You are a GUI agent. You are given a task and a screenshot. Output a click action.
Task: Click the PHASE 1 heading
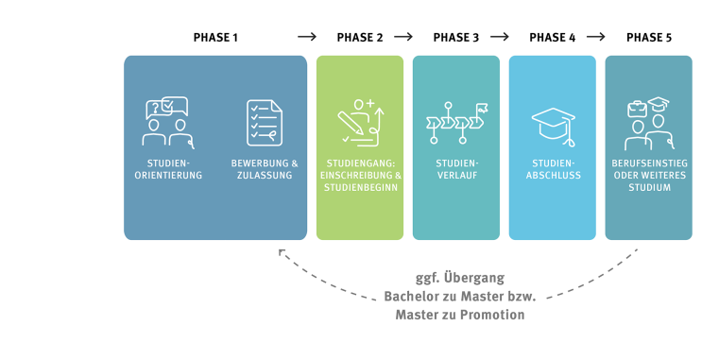[x=215, y=38]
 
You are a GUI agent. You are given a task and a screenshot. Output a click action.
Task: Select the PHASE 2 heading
[x=360, y=38]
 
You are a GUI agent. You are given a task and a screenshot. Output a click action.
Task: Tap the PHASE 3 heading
[x=456, y=38]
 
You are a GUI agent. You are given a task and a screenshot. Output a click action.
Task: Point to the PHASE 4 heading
[x=553, y=38]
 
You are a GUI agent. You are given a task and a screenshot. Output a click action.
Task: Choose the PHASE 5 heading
[x=649, y=38]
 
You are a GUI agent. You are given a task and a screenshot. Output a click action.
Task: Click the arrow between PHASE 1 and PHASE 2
[x=307, y=38]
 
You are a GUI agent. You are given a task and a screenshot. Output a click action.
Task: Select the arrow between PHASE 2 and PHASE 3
[x=403, y=38]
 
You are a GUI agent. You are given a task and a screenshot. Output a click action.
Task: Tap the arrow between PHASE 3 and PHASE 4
[x=500, y=38]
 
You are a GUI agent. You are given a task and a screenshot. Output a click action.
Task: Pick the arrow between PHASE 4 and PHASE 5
[x=596, y=38]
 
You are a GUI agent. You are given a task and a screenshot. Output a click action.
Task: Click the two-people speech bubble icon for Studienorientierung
[x=168, y=122]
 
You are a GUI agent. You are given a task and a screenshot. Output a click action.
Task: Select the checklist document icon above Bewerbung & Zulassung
[x=265, y=123]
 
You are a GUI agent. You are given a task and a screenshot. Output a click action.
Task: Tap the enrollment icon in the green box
[x=360, y=122]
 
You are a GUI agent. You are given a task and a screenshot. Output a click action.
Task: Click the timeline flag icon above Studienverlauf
[x=456, y=122]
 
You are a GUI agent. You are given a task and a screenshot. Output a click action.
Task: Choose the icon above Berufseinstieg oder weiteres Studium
[x=649, y=122]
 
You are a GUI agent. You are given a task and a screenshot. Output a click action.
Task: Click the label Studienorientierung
[x=168, y=169]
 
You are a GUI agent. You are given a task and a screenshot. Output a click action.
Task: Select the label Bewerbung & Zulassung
[x=265, y=169]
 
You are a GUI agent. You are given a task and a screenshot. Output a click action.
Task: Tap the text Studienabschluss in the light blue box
[x=553, y=169]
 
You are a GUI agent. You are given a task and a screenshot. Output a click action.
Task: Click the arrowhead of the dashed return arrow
[x=281, y=251]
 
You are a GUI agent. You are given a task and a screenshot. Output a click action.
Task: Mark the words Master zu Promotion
[x=460, y=315]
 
